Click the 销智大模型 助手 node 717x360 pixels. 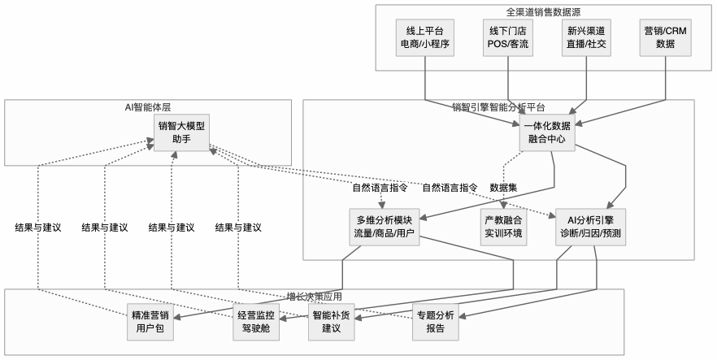coord(180,132)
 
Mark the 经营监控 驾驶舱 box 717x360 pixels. coord(255,322)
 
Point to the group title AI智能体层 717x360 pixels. coord(147,106)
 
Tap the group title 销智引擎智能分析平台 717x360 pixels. coord(498,106)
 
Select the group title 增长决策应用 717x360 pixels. coord(314,296)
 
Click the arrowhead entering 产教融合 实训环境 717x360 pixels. coord(503,207)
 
